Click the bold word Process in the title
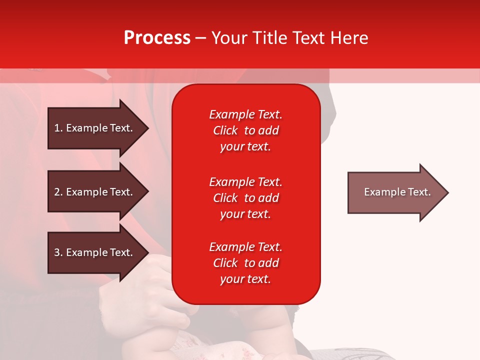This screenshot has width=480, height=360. click(x=157, y=38)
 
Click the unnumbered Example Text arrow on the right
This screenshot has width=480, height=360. click(x=395, y=192)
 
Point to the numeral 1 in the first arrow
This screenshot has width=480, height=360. click(x=57, y=128)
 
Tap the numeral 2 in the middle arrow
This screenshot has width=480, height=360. click(x=57, y=192)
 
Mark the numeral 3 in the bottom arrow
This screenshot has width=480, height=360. click(x=57, y=252)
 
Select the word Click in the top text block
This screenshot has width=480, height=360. click(x=225, y=130)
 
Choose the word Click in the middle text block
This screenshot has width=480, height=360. click(x=225, y=198)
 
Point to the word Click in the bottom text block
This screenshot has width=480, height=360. click(x=225, y=263)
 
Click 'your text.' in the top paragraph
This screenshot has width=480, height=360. click(x=245, y=146)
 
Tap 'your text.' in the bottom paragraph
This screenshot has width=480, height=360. click(x=245, y=279)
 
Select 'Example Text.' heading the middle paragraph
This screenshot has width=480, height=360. click(x=245, y=182)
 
